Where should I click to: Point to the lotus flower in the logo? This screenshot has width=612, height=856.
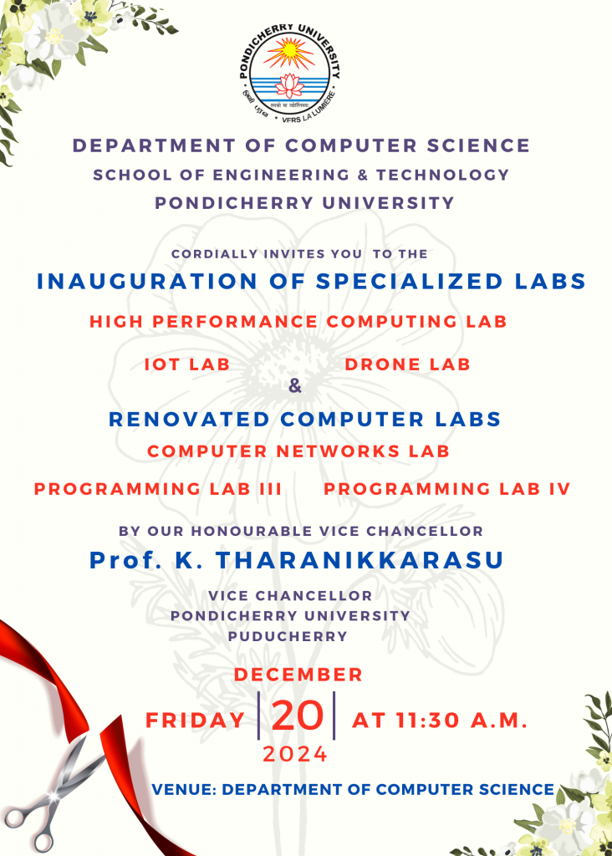click(x=290, y=86)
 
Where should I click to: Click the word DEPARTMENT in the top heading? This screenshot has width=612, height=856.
click(x=154, y=145)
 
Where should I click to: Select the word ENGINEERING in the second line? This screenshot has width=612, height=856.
click(x=281, y=176)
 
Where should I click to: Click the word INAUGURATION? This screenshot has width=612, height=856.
click(x=147, y=282)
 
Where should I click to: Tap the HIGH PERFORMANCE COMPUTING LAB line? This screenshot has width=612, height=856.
click(x=298, y=322)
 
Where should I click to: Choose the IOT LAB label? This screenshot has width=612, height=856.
click(x=187, y=364)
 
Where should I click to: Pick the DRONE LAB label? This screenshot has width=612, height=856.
click(x=408, y=364)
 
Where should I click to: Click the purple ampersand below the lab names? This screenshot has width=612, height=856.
click(x=295, y=386)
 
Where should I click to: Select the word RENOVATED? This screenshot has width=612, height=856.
click(x=190, y=420)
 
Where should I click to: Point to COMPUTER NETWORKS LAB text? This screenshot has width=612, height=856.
click(x=298, y=451)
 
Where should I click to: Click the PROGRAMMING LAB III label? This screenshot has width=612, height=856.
click(x=158, y=488)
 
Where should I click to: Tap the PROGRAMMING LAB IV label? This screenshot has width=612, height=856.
click(x=447, y=488)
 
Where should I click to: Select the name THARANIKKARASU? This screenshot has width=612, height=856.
click(x=360, y=561)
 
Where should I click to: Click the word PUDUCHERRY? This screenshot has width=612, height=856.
click(x=288, y=636)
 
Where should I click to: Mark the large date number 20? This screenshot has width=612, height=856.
click(x=297, y=716)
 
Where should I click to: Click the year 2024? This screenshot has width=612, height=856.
click(x=295, y=755)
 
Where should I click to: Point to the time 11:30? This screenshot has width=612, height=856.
click(x=427, y=721)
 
